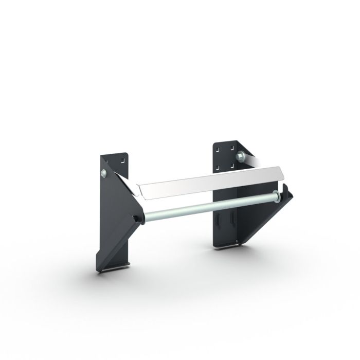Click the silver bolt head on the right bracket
(240, 155)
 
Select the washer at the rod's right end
(278, 195)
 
